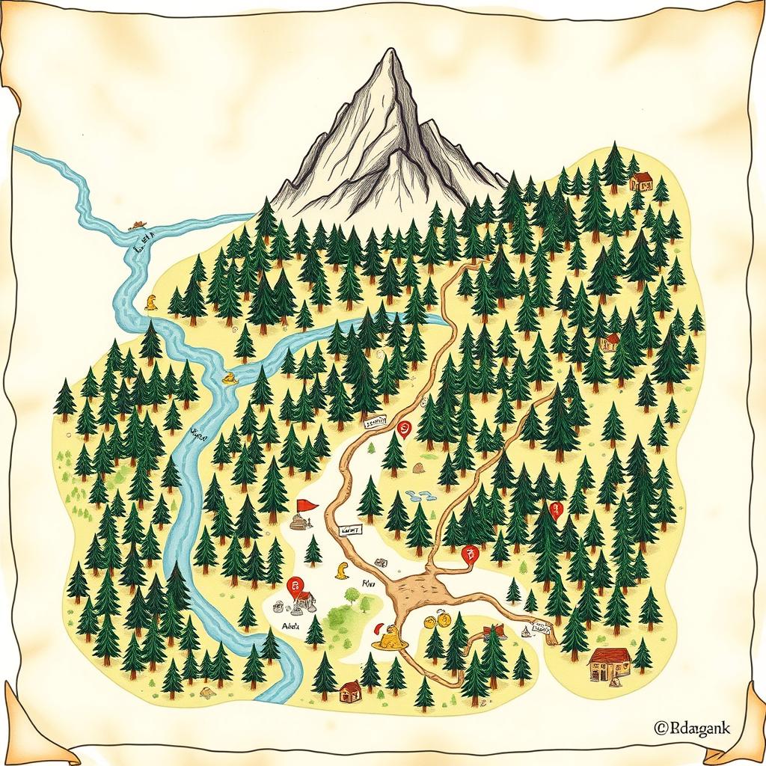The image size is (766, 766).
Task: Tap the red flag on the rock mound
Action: [306, 505]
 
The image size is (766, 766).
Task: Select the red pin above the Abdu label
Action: [295, 585]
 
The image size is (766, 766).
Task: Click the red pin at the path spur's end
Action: [470, 554]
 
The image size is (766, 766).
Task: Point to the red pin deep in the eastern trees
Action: [554, 510]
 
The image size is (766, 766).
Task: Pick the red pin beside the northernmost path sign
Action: [405, 429]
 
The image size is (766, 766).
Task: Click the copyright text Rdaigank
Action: [692, 726]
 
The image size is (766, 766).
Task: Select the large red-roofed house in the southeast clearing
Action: [610, 662]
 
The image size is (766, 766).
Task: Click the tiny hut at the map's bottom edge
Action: [349, 692]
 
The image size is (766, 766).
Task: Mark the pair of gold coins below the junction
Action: [436, 620]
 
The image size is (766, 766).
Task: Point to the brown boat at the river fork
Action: [138, 224]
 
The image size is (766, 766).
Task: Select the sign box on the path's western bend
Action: [350, 530]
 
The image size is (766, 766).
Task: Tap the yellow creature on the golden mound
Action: [389, 637]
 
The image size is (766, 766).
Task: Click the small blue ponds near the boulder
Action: [421, 495]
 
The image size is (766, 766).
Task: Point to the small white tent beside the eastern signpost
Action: [526, 633]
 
